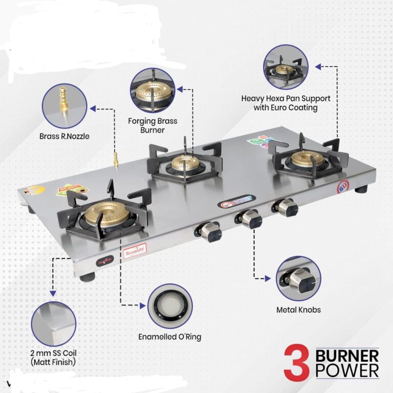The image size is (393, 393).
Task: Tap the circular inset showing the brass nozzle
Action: point(64,106)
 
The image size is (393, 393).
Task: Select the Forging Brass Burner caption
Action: point(153,126)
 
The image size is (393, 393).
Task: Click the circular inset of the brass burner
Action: point(152,91)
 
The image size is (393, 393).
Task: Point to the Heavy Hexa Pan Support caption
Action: point(286,103)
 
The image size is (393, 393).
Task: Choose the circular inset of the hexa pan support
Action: point(286,67)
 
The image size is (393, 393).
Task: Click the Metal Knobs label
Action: point(298,310)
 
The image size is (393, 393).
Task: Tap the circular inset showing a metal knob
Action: point(298,278)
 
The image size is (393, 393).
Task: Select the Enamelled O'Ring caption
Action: point(169,337)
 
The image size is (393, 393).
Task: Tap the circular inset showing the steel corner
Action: point(53,323)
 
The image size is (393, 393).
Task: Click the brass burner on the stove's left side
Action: point(106,214)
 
